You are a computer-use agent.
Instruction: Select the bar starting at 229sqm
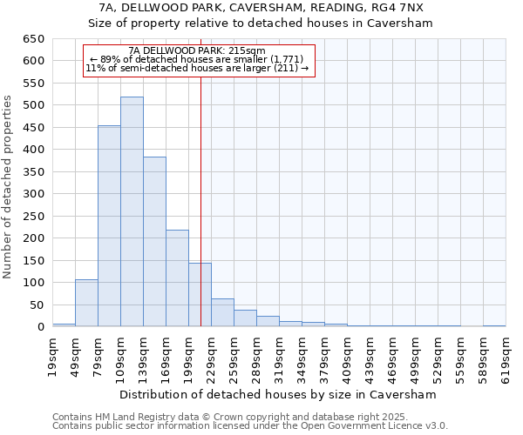tap(222, 312)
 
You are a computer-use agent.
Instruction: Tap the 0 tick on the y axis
tap(40, 327)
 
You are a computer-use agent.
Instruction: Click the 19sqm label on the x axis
tap(52, 354)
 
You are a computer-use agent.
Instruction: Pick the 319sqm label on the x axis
tap(279, 354)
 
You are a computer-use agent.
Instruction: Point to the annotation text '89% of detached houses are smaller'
tap(197, 59)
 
